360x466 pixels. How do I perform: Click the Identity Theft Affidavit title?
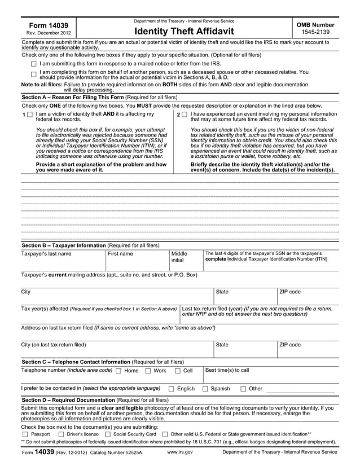pyautogui.click(x=183, y=30)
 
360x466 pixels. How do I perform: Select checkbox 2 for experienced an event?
pyautogui.click(x=185, y=115)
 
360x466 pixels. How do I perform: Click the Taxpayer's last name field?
pyautogui.click(x=62, y=263)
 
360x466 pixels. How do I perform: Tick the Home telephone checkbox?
pyautogui.click(x=118, y=371)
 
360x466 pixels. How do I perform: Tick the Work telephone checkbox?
pyautogui.click(x=148, y=371)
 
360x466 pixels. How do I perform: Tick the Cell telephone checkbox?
pyautogui.click(x=177, y=371)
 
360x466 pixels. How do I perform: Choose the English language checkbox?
pyautogui.click(x=172, y=389)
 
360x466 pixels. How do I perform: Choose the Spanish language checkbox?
pyautogui.click(x=205, y=389)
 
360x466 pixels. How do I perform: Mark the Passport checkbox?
pyautogui.click(x=25, y=434)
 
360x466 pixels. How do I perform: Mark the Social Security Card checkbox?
pyautogui.click(x=108, y=434)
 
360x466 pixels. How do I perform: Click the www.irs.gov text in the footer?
pyautogui.click(x=180, y=452)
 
